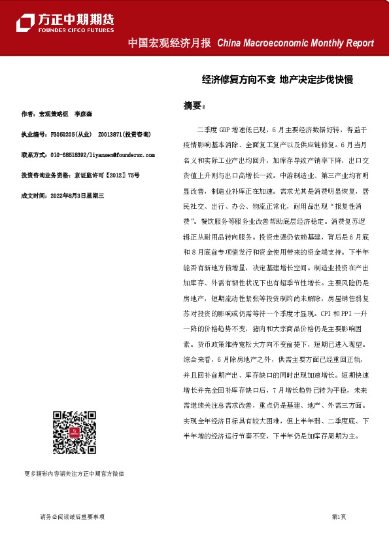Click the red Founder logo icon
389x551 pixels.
click(26, 23)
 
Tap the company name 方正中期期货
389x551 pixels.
click(75, 19)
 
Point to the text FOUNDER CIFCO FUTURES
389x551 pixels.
click(75, 30)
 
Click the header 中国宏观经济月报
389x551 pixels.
click(169, 43)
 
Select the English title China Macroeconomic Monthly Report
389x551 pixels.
click(295, 43)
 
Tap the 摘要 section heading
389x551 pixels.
click(194, 105)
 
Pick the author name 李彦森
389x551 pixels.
click(82, 114)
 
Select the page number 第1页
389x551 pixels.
click(339, 517)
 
